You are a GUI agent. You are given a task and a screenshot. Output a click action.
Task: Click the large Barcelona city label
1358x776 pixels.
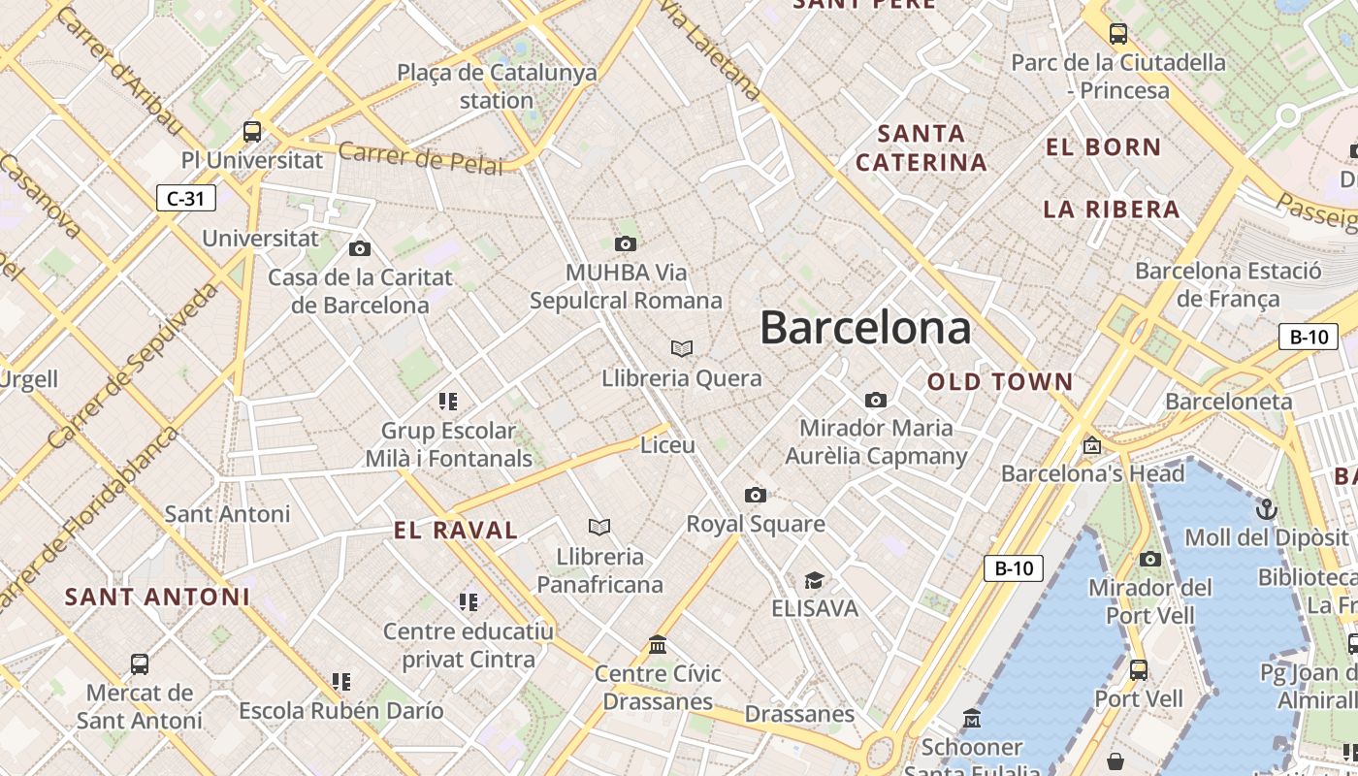[x=864, y=328]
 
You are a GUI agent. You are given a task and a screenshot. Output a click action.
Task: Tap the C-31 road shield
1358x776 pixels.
[x=185, y=199]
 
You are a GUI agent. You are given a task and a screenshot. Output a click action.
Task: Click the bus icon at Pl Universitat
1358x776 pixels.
[x=252, y=131]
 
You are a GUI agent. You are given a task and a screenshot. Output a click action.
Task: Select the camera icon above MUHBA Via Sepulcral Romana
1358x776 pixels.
[x=626, y=243]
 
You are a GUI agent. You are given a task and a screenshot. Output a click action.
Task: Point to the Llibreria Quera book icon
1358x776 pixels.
[x=682, y=348]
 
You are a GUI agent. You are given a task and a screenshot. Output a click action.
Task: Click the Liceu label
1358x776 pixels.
[x=667, y=445]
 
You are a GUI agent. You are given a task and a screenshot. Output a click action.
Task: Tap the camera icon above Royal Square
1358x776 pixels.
[x=756, y=496]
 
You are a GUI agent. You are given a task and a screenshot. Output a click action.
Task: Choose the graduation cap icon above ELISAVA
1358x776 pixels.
[x=814, y=580]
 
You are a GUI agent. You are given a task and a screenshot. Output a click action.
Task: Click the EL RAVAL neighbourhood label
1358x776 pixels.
[x=456, y=530]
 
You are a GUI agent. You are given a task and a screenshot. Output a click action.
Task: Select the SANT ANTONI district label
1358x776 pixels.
[x=157, y=597]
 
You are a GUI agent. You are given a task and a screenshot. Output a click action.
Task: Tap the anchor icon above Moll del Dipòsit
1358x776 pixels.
[x=1266, y=509]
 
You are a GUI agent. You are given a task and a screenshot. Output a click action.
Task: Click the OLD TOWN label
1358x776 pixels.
[x=1000, y=382]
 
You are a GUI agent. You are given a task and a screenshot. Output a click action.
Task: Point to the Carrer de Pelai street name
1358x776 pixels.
[x=421, y=158]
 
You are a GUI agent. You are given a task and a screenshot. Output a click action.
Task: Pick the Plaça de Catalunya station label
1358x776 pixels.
[x=497, y=86]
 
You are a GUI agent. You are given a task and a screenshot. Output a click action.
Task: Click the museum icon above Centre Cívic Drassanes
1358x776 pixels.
[x=658, y=645]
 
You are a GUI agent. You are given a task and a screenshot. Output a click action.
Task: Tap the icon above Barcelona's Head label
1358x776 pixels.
[x=1092, y=446]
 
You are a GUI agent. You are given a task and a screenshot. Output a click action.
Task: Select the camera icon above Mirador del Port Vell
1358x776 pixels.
[x=1149, y=559]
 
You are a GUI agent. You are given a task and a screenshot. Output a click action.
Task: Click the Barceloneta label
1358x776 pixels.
[x=1228, y=402]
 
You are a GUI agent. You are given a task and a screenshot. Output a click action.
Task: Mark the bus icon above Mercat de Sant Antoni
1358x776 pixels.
[x=140, y=664]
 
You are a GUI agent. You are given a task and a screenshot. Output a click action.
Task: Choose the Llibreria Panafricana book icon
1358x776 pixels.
[x=599, y=527]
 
